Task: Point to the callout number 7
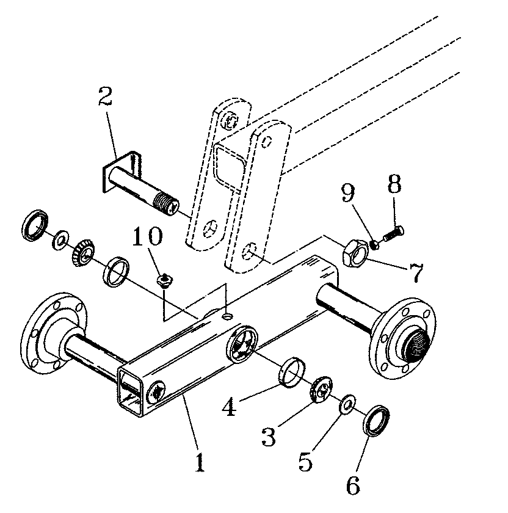pyautogui.click(x=416, y=273)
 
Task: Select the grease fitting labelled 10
pyautogui.click(x=164, y=280)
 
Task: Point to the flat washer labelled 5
pyautogui.click(x=347, y=404)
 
